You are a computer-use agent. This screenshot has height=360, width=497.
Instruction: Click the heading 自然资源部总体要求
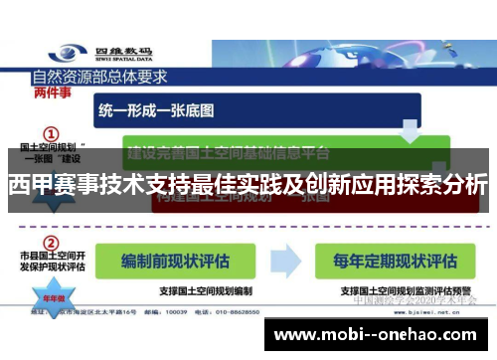point(99,74)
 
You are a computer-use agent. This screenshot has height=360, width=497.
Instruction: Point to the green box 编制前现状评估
point(175,261)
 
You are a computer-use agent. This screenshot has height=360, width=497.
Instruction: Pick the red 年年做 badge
point(50,299)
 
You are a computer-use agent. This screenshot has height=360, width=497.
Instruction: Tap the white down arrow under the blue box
point(410,129)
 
